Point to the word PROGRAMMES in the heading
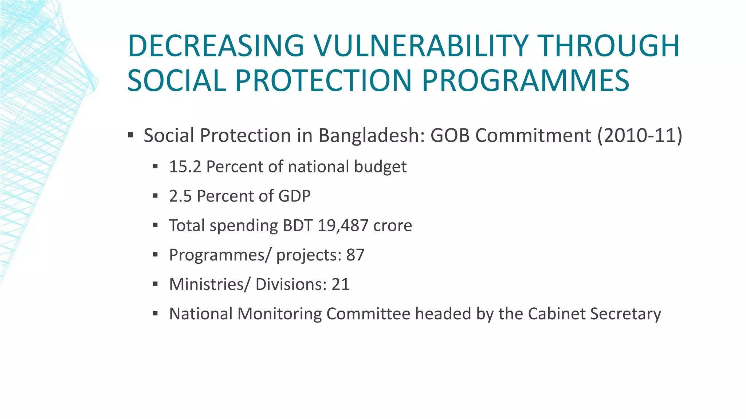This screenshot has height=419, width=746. (x=526, y=80)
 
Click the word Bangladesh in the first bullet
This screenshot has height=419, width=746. (x=372, y=135)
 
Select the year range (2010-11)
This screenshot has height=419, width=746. (x=639, y=135)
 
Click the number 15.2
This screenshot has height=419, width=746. (x=185, y=167)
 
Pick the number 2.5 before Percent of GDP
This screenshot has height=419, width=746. (x=180, y=196)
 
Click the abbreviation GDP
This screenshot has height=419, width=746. (x=294, y=196)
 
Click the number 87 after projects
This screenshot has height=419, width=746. (x=355, y=255)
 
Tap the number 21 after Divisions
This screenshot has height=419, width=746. (x=340, y=284)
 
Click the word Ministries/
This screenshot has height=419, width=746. (x=209, y=284)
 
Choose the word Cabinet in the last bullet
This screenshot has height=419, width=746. (x=556, y=314)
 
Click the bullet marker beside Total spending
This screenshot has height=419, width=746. (x=156, y=226)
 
